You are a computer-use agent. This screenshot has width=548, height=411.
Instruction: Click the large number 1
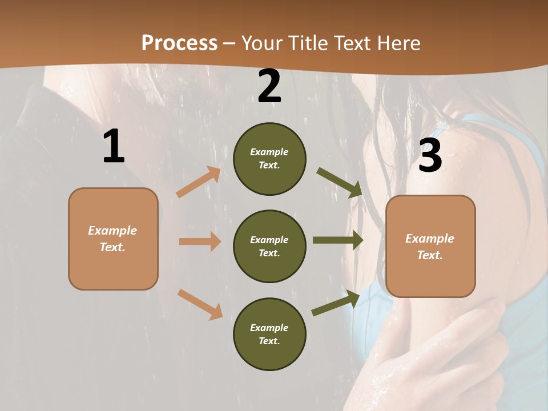pyautogui.click(x=114, y=147)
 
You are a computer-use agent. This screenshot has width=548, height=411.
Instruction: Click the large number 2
pyautogui.click(x=269, y=86)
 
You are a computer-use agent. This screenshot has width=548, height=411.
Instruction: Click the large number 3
pyautogui.click(x=430, y=156)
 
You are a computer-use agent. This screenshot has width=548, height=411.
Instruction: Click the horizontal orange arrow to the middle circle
pyautogui.click(x=200, y=241)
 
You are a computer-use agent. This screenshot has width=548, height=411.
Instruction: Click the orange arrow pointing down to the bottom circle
pyautogui.click(x=200, y=304)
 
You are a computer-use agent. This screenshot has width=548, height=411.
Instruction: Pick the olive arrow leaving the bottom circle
pyautogui.click(x=336, y=303)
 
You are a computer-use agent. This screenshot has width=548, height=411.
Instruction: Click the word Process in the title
pyautogui.click(x=179, y=43)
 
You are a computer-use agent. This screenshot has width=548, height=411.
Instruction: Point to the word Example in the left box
pyautogui.click(x=112, y=231)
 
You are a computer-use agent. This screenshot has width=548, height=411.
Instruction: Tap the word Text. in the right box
pyautogui.click(x=430, y=255)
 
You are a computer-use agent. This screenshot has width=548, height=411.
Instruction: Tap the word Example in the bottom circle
pyautogui.click(x=269, y=328)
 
